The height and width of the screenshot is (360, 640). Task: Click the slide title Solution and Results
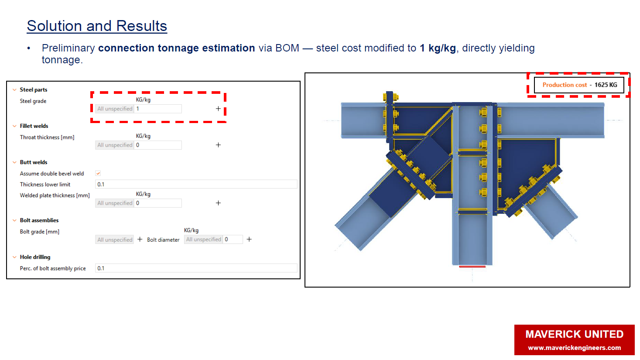(97, 26)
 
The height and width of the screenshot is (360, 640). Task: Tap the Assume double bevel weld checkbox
(98, 173)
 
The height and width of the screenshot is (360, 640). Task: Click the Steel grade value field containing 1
(157, 109)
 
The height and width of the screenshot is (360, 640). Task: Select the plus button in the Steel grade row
(218, 109)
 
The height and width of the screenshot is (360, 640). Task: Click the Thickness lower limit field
(196, 184)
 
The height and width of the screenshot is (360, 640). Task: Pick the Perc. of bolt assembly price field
(196, 268)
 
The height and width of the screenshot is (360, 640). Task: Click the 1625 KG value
(606, 85)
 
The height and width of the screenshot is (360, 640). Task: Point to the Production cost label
(565, 85)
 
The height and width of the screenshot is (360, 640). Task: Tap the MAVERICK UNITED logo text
(574, 334)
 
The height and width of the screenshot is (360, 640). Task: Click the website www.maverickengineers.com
(574, 348)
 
